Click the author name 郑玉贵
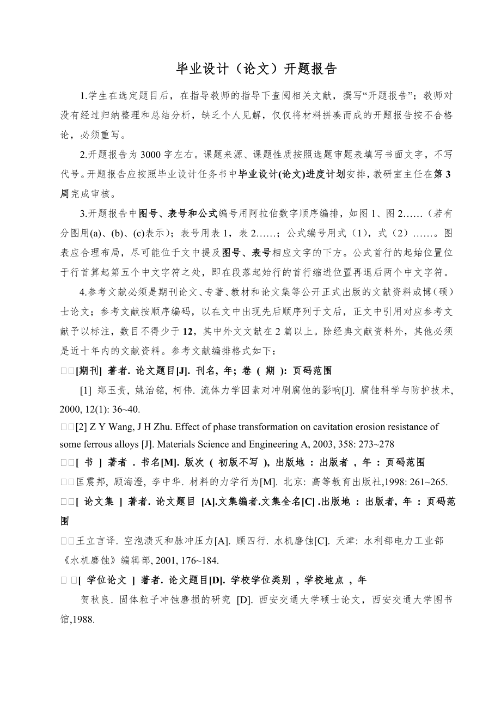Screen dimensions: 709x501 pos(111,390)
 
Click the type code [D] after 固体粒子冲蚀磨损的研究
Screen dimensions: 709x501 pos(243,600)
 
